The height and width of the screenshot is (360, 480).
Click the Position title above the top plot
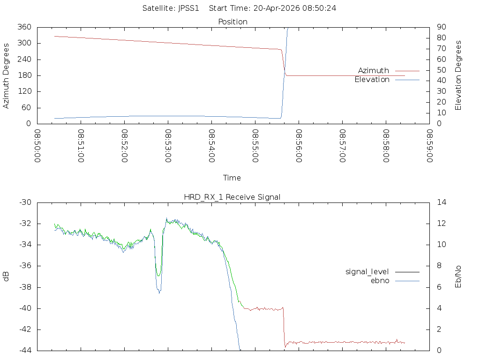(x=233, y=22)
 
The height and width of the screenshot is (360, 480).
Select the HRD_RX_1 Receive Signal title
(x=232, y=197)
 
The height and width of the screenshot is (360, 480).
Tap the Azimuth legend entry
(x=374, y=70)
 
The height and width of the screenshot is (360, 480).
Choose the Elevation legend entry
(x=372, y=80)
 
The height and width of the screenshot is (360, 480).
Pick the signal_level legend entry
(x=367, y=271)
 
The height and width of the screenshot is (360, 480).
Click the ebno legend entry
(x=380, y=281)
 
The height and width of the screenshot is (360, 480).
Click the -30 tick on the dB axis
(x=25, y=202)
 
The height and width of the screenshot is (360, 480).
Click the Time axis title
(x=232, y=178)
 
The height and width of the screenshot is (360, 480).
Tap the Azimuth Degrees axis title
(x=7, y=75)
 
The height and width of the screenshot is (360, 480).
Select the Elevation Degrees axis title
(x=458, y=75)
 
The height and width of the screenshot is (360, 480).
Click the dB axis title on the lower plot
(x=7, y=277)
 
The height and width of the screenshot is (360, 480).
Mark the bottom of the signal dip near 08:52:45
(x=159, y=292)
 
